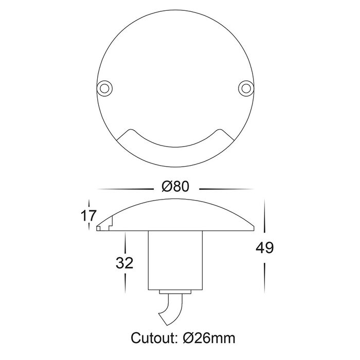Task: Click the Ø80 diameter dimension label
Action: click(175, 186)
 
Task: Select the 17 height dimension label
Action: click(88, 215)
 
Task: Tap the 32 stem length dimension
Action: click(124, 263)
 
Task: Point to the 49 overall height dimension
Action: click(265, 247)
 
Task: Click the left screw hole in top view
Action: click(104, 88)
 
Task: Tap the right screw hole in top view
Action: click(246, 88)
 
